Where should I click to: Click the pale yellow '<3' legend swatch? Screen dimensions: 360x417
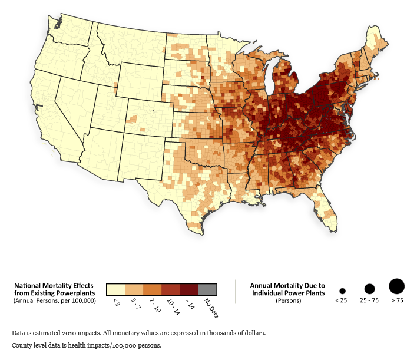pyautogui.click(x=115, y=289)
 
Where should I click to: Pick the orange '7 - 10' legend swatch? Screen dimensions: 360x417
pyautogui.click(x=153, y=289)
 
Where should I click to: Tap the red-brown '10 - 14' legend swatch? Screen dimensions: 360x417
pyautogui.click(x=171, y=289)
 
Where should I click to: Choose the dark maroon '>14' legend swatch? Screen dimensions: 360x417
pyautogui.click(x=189, y=289)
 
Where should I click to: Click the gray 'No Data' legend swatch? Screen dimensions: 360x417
pyautogui.click(x=207, y=289)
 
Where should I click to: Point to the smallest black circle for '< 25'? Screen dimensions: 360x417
pyautogui.click(x=342, y=291)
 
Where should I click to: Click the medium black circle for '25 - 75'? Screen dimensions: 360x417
pyautogui.click(x=369, y=289)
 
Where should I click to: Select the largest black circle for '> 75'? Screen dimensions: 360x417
pyautogui.click(x=397, y=286)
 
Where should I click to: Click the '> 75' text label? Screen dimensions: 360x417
pyautogui.click(x=397, y=300)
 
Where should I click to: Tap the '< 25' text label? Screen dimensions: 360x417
pyautogui.click(x=342, y=300)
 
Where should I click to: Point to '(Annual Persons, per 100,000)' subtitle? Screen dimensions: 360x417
pyautogui.click(x=54, y=300)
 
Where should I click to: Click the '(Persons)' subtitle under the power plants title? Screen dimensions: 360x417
pyautogui.click(x=287, y=300)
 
